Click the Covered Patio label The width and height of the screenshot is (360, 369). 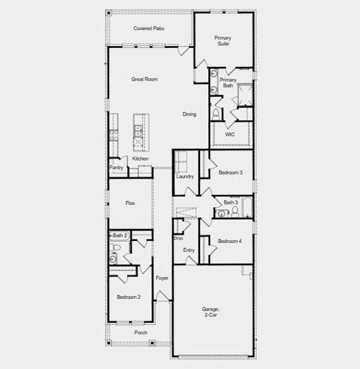[x=149, y=28]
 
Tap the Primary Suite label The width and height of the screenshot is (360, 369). [x=222, y=41]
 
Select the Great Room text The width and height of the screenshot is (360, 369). [x=144, y=79]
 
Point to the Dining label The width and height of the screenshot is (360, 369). [x=189, y=114]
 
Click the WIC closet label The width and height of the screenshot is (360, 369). [x=230, y=134]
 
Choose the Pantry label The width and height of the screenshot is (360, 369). [x=116, y=167]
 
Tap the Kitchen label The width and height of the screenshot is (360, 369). [x=140, y=159]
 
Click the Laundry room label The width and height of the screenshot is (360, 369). [x=185, y=177]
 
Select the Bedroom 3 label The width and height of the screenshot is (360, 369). [x=230, y=173]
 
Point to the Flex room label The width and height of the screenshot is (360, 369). [x=130, y=203]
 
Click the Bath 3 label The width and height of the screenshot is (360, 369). [x=230, y=202]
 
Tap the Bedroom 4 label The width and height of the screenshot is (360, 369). [x=230, y=241]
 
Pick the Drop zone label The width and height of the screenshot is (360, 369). [x=178, y=238]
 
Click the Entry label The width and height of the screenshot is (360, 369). [x=189, y=250]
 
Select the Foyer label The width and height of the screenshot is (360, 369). [x=162, y=278]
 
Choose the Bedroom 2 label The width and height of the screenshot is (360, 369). [x=129, y=297]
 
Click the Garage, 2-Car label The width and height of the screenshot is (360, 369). [x=210, y=312]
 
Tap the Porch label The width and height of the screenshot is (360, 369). [x=141, y=332]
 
